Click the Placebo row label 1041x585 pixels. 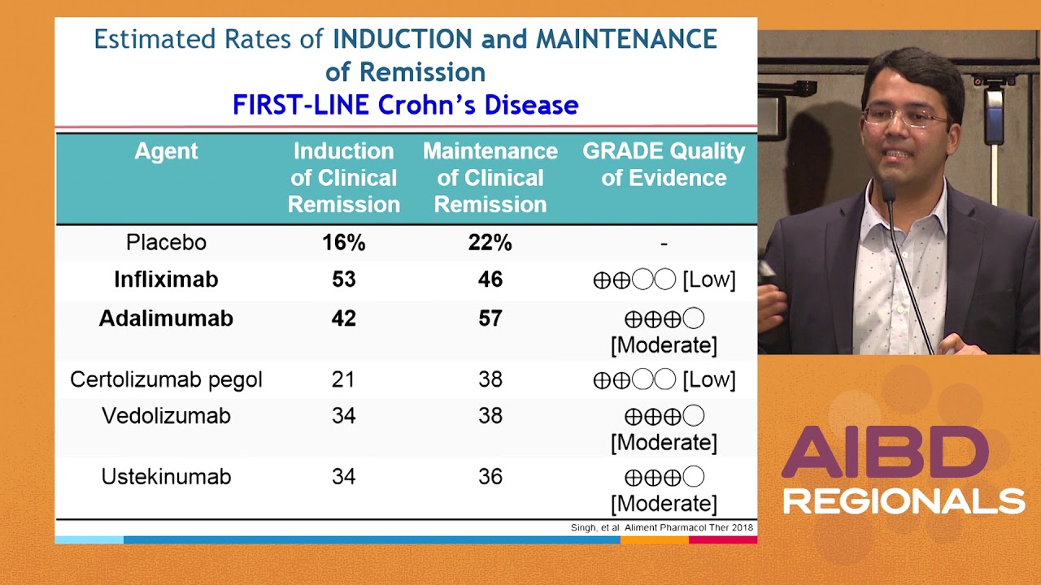tap(166, 242)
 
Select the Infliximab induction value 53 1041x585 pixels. tap(343, 279)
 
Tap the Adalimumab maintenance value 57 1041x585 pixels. tap(490, 318)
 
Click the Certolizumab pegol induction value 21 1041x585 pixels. tap(343, 379)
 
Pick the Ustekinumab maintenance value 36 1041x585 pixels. tap(490, 476)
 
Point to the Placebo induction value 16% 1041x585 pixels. tap(343, 242)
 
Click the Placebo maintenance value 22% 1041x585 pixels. tap(490, 242)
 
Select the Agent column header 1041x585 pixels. tap(166, 151)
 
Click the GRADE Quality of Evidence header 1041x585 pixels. tap(664, 164)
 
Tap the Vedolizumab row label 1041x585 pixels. tap(166, 416)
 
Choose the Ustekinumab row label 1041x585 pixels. tap(166, 476)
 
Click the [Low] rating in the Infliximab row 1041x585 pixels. tap(708, 280)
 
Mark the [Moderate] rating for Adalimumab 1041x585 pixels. tap(664, 345)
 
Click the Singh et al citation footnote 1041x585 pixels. tap(661, 528)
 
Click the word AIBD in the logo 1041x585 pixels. tap(885, 453)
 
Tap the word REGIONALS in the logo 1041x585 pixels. tap(903, 500)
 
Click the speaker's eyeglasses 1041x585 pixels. tap(907, 117)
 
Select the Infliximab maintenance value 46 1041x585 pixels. tap(490, 279)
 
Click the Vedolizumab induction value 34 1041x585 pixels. tap(343, 416)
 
